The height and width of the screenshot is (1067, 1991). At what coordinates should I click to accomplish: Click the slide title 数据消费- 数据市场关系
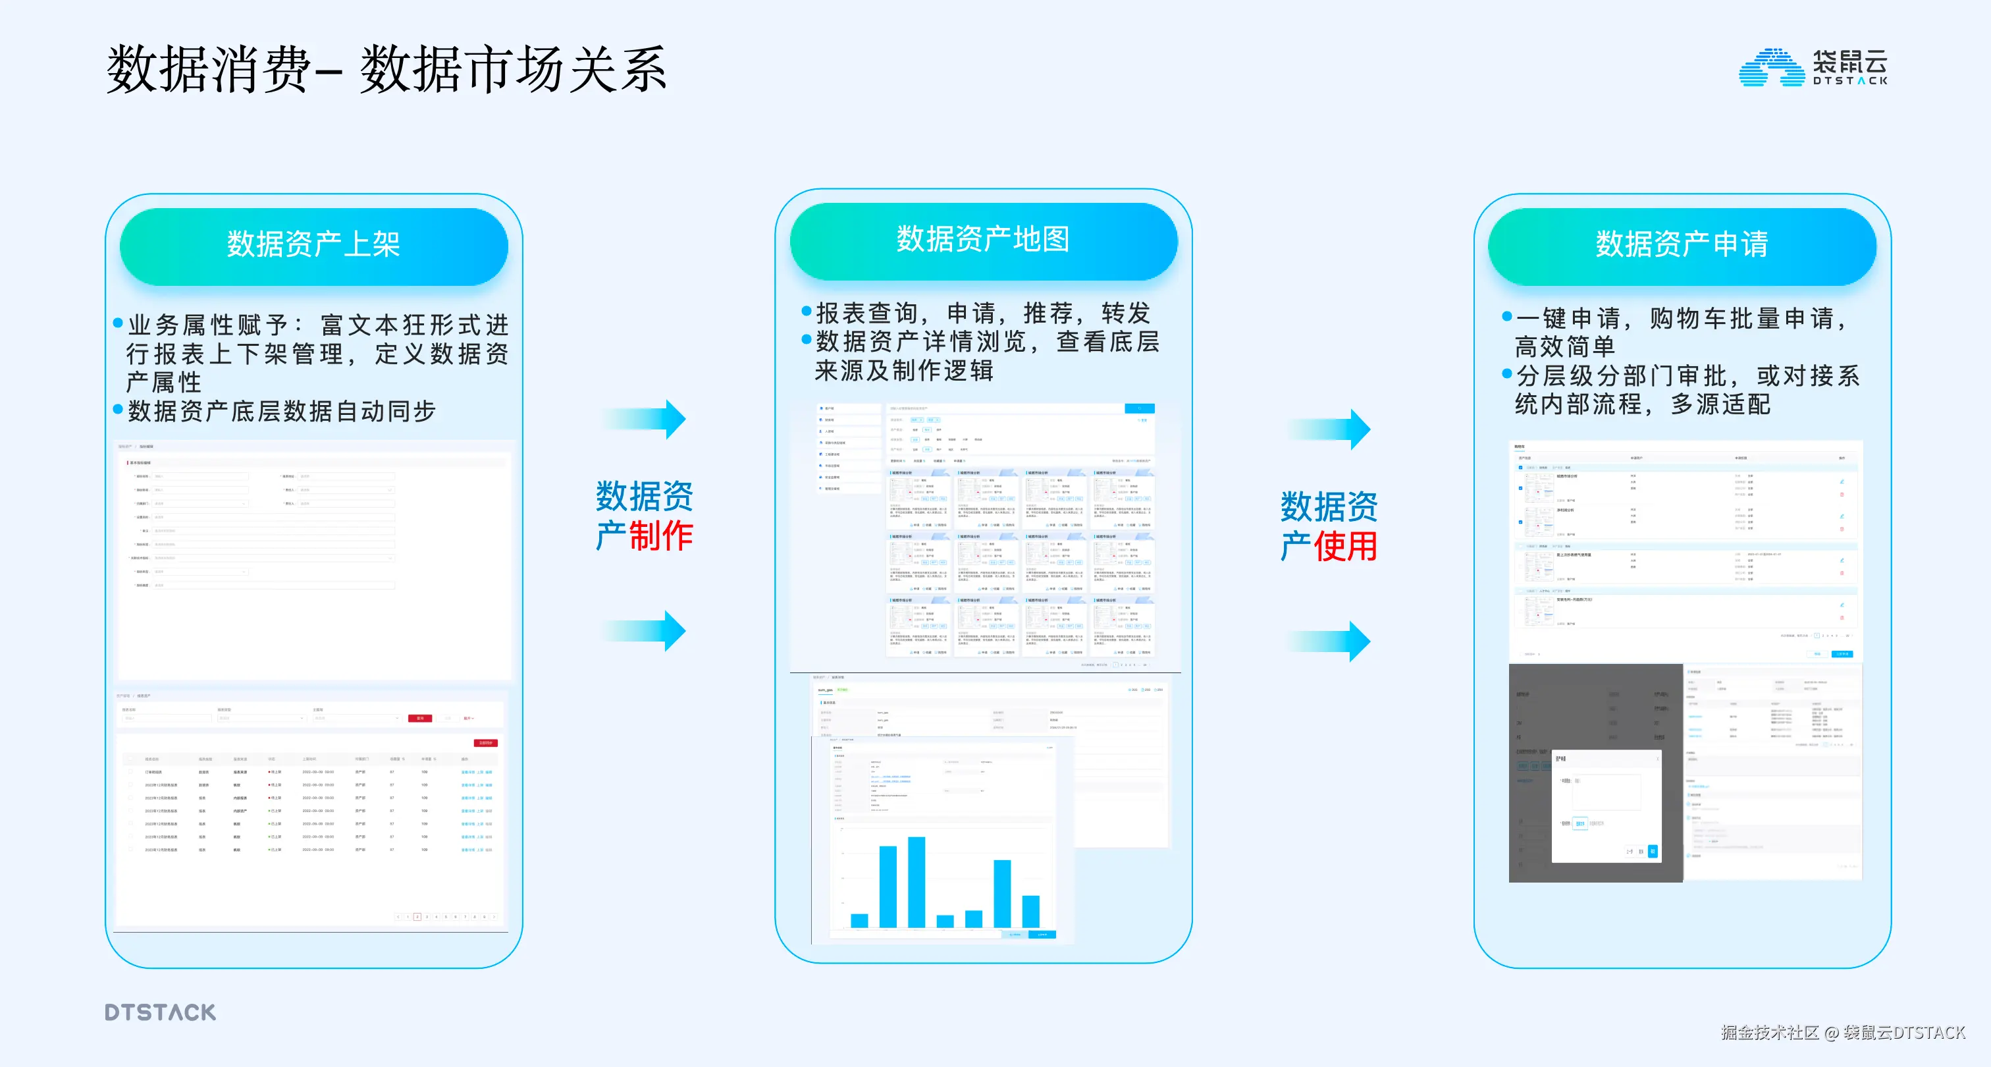386,70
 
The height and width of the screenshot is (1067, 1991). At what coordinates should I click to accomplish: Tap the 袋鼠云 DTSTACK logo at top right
1813,67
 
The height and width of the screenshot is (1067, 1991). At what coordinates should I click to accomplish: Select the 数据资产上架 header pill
314,245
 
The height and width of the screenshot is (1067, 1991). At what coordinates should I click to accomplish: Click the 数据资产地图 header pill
983,240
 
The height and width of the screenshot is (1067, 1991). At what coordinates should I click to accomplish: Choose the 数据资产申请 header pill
1682,245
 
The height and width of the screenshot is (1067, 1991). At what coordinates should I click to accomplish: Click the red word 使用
1346,547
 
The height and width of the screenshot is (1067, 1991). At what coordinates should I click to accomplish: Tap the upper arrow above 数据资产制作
646,419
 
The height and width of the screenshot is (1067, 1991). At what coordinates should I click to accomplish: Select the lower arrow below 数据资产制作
646,630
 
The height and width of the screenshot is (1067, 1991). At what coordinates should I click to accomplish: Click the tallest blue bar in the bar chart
916,881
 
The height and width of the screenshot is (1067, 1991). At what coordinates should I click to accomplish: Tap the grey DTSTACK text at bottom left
161,1012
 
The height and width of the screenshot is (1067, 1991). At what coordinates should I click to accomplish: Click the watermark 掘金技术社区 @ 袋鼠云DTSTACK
1843,1032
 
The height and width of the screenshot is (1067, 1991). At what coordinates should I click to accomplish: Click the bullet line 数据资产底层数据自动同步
282,412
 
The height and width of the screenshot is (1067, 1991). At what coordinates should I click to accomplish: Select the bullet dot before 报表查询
806,312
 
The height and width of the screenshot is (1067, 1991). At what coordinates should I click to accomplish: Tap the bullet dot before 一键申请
1506,316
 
